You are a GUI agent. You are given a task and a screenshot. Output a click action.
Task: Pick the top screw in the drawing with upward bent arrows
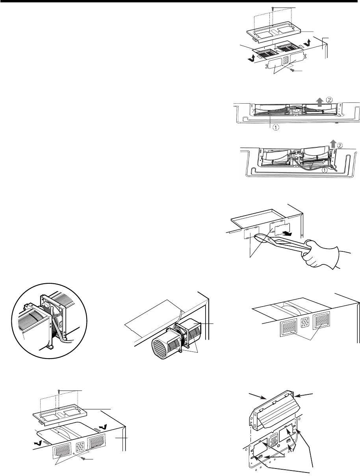tap(273, 8)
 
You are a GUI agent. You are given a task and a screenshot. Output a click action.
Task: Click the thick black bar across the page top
tap(180, 2)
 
